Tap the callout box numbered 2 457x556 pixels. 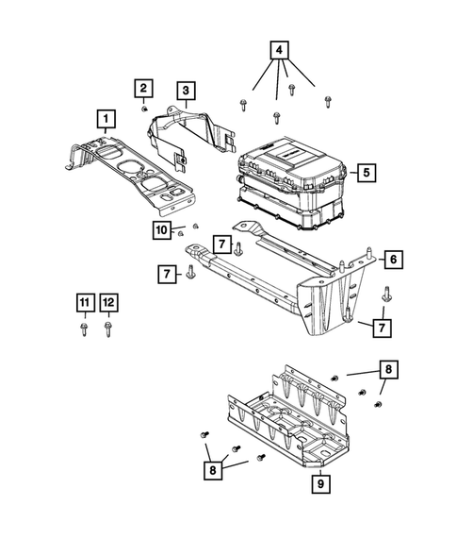143,89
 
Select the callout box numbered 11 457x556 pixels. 86,302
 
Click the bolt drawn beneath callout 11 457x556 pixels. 86,329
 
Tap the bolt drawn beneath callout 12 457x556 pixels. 108,329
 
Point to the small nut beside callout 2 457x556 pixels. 145,108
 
